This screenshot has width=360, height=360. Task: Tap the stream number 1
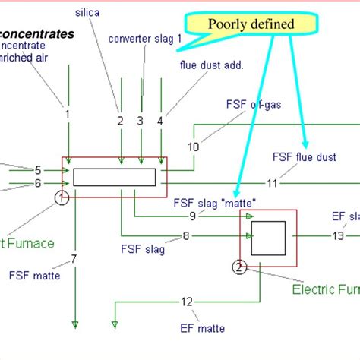click(68, 114)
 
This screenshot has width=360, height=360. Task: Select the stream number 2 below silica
click(120, 120)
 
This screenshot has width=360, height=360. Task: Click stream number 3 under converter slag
click(140, 120)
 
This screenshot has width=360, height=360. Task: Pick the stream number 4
click(159, 120)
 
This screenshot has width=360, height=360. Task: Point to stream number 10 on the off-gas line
click(194, 147)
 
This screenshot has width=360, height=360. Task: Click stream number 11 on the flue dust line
click(272, 183)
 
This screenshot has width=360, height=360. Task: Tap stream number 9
click(193, 216)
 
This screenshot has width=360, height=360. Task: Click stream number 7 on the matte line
click(74, 260)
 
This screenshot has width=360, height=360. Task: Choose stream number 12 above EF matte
click(187, 302)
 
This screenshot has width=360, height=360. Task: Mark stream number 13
click(338, 236)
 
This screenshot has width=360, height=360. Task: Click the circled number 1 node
click(62, 198)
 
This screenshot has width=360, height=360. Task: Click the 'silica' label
click(87, 13)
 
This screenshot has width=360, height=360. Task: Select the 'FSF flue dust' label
click(304, 157)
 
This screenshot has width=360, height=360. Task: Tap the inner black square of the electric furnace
click(268, 238)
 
